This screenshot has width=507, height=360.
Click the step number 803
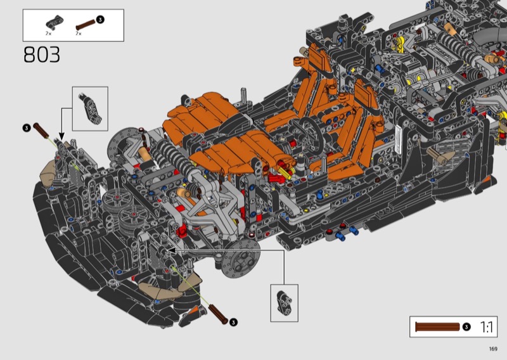(42, 55)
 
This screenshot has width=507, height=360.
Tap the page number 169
(493, 349)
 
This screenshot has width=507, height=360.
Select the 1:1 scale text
(487, 327)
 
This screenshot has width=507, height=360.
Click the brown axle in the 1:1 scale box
(437, 326)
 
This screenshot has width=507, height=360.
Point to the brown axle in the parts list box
(86, 25)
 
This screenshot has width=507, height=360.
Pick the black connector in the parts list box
(55, 22)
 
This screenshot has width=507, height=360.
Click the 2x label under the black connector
(48, 34)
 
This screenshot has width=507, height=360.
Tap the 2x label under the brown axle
(79, 34)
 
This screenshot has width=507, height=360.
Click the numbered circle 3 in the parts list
(100, 20)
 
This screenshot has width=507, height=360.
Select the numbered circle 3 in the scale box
(466, 327)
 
